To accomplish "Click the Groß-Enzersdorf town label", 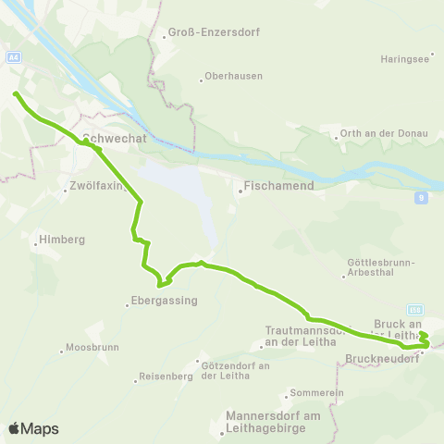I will pos(213,32).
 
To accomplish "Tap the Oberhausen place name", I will pos(233,76).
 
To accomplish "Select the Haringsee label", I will pos(403,58).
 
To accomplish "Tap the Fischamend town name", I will pos(278,185).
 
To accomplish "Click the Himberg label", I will pos(61,240).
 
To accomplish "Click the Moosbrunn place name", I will pos(89,350).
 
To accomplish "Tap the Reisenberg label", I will pos(165,376).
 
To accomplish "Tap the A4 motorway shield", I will pos(13,57).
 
